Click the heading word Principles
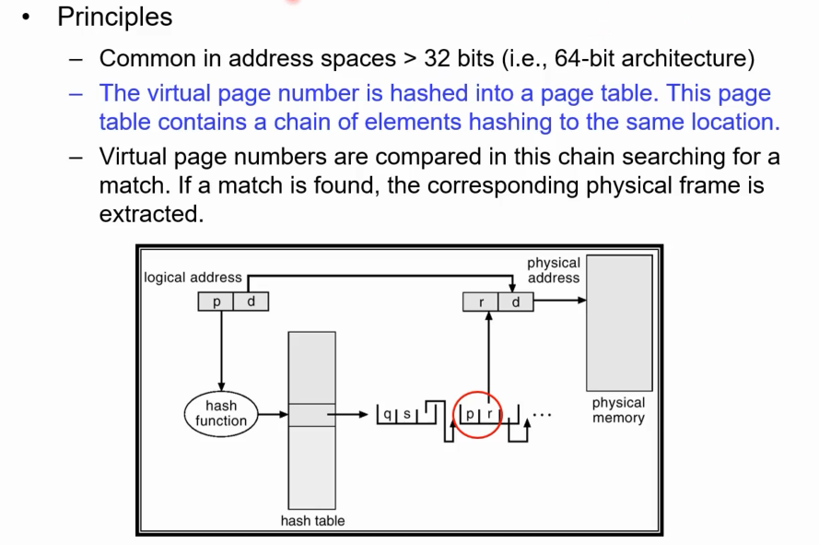pos(114,17)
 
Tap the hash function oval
pos(221,414)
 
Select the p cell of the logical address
pos(216,302)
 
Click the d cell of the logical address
pos(251,302)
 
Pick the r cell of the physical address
pos(480,302)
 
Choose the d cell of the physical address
pos(515,302)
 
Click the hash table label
pos(312,521)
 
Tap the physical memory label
pos(618,410)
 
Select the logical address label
pos(193,277)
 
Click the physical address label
pos(553,270)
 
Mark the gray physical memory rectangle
pos(619,323)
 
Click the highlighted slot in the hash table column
pos(312,415)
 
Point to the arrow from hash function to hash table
pos(274,415)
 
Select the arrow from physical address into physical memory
pos(559,301)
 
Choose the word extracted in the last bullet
pos(150,214)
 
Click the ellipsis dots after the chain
pos(544,415)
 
